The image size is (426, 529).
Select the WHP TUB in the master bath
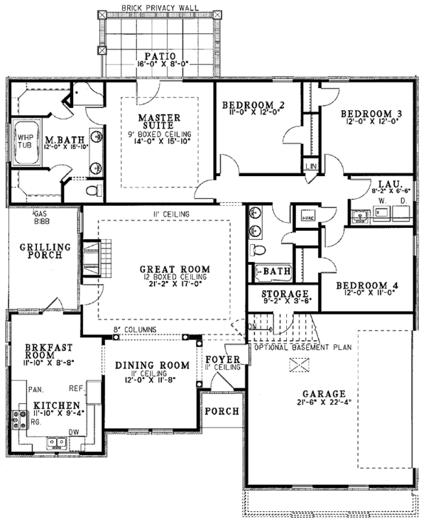(24, 141)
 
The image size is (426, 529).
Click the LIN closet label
(310, 165)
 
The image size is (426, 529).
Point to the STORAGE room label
(284, 294)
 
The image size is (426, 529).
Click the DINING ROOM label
(152, 366)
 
